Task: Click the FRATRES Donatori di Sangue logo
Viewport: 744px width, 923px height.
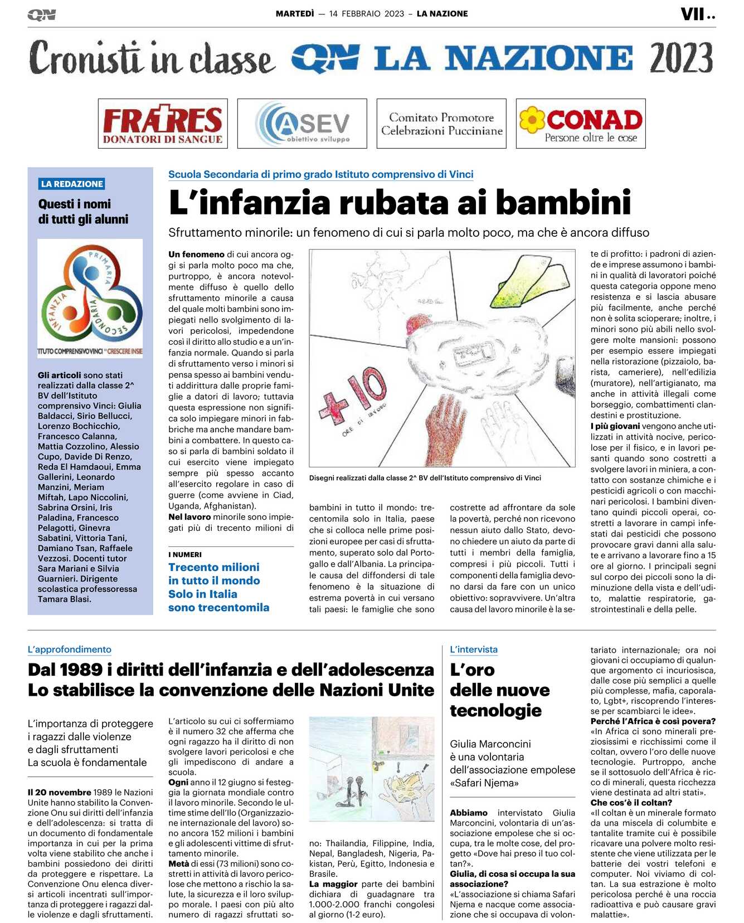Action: [x=163, y=124]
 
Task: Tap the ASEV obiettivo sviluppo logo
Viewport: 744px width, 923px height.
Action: [x=302, y=124]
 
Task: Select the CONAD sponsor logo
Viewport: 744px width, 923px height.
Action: [x=581, y=124]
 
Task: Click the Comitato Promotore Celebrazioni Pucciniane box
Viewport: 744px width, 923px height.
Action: [x=441, y=124]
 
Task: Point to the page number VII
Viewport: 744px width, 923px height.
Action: [x=693, y=14]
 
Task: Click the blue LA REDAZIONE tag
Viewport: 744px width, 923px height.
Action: [x=72, y=184]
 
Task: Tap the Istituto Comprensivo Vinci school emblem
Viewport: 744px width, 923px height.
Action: [x=90, y=298]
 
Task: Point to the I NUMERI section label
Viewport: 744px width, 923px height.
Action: [x=185, y=555]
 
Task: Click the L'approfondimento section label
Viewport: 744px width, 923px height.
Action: [x=70, y=649]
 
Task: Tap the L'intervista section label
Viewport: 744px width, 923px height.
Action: [x=474, y=649]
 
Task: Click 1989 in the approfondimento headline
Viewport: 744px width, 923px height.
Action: [x=81, y=670]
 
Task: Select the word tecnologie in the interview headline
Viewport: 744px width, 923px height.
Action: [x=495, y=710]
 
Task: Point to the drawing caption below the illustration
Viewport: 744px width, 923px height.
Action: [x=425, y=478]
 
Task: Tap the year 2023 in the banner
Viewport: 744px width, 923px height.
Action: [x=681, y=58]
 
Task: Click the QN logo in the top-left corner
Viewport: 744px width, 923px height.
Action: [x=41, y=15]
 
